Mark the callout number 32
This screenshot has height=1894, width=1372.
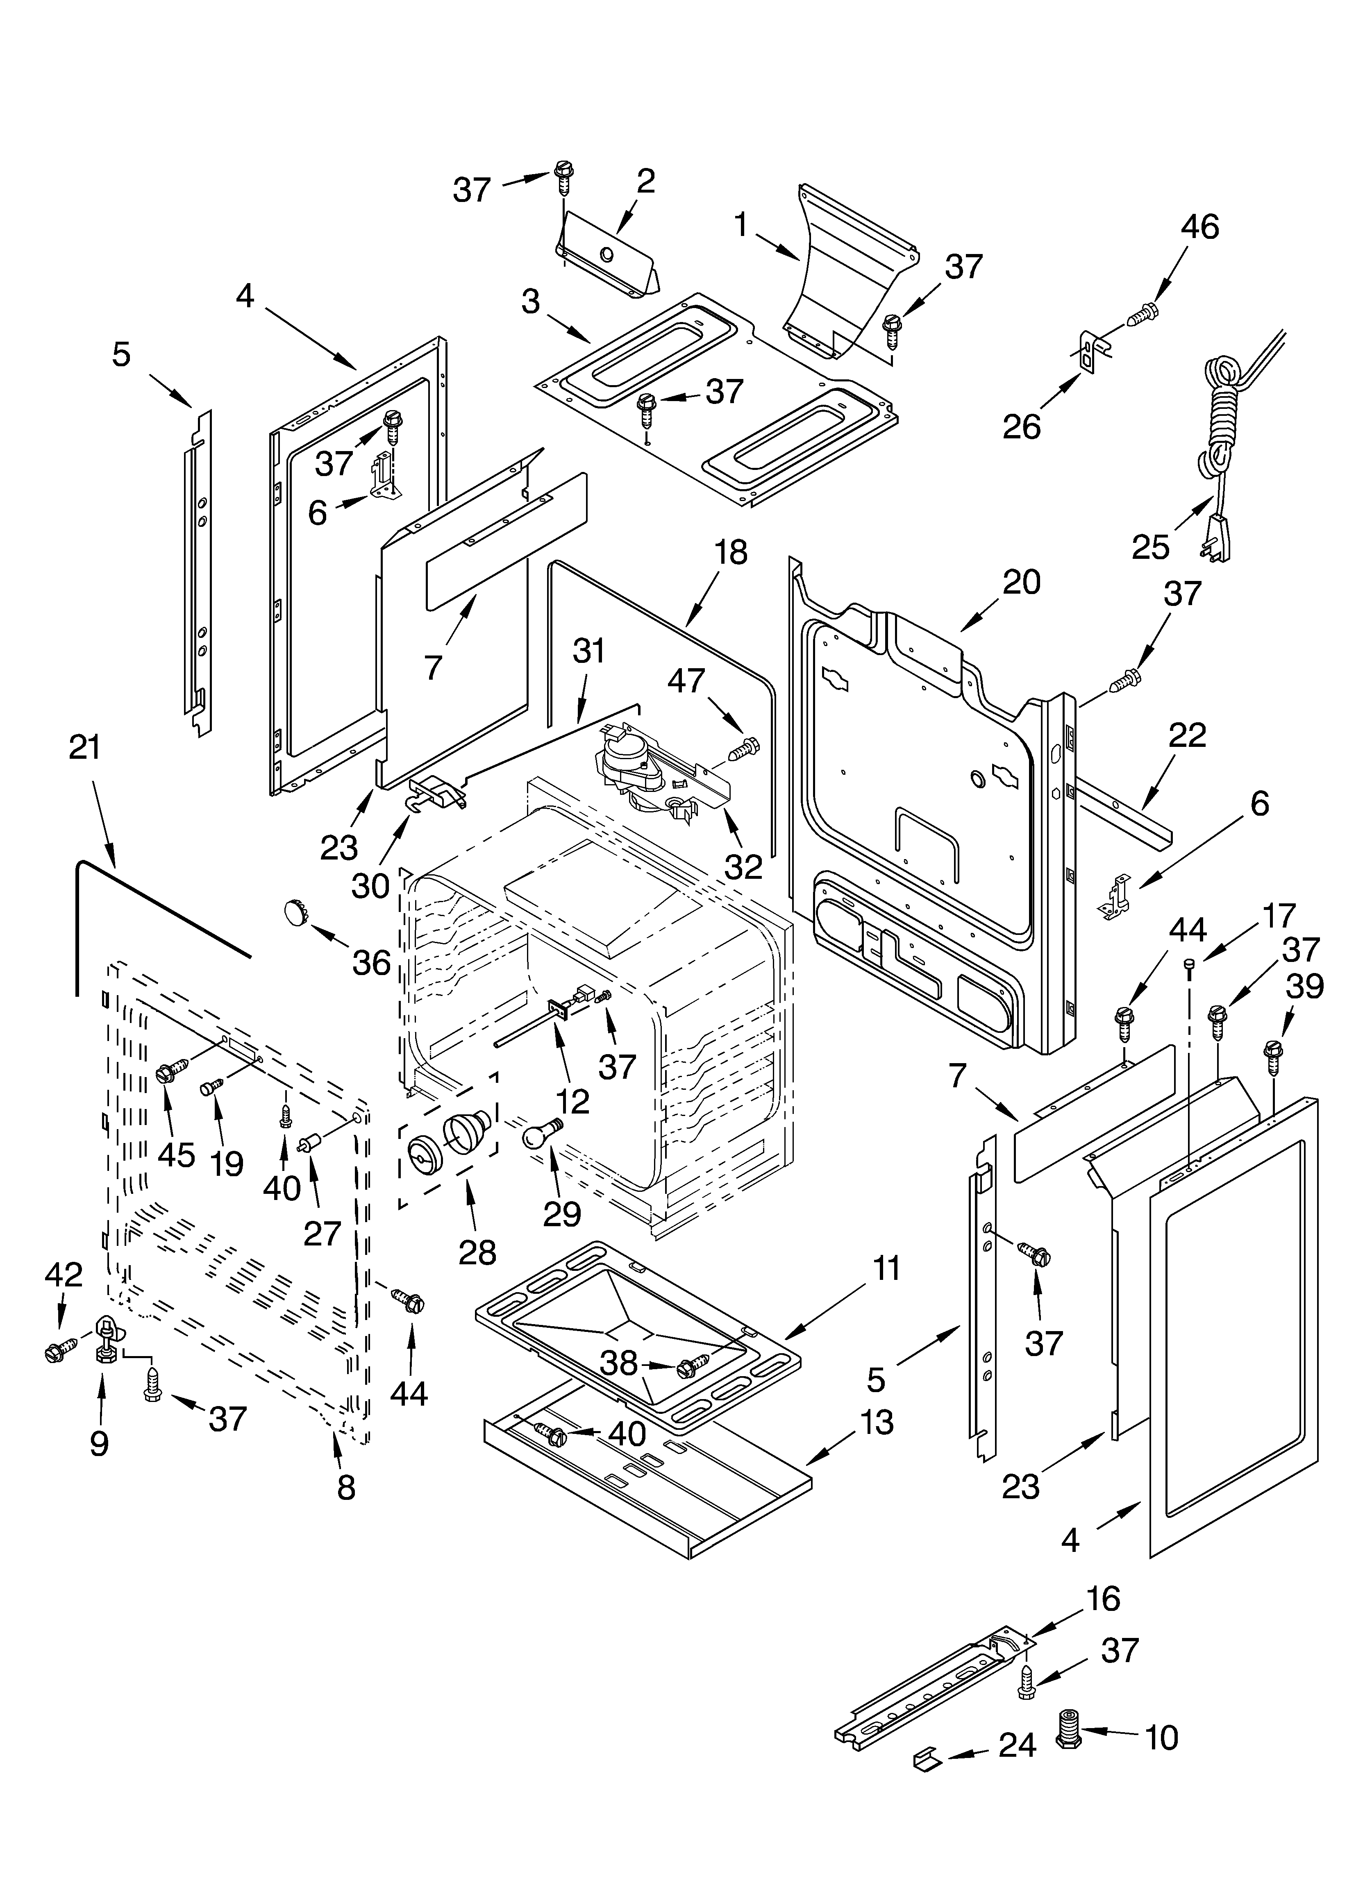point(743,867)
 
